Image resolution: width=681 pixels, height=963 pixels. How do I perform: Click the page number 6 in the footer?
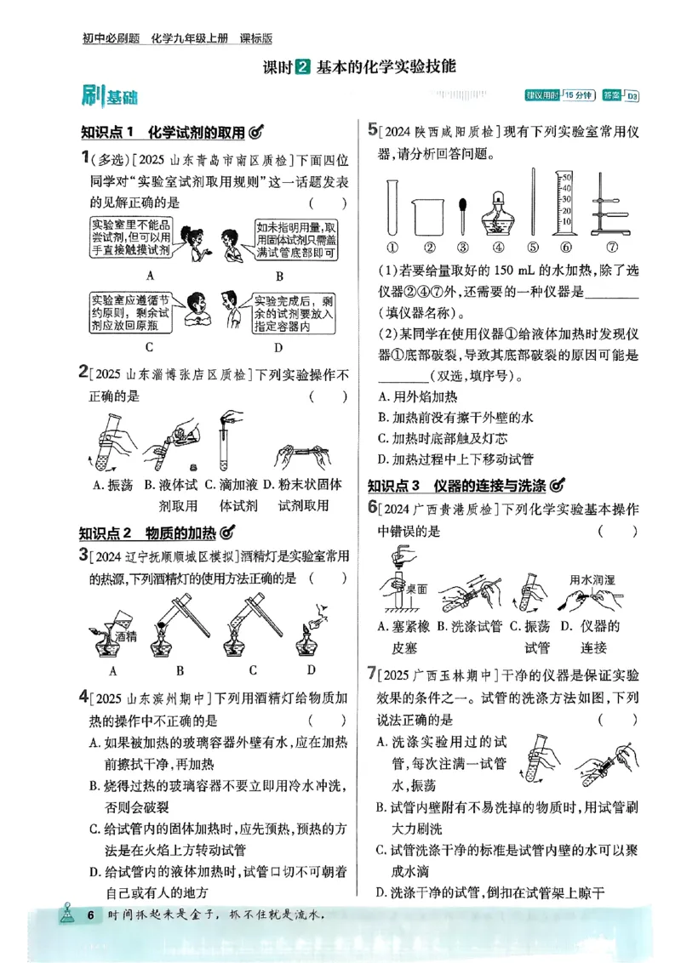click(x=89, y=915)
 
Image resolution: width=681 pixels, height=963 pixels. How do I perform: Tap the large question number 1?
click(x=85, y=157)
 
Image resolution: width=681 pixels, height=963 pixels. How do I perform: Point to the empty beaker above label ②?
click(x=429, y=217)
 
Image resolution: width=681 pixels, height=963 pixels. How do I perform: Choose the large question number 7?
click(x=372, y=675)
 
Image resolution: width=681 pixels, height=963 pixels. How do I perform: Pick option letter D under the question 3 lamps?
click(x=312, y=670)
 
